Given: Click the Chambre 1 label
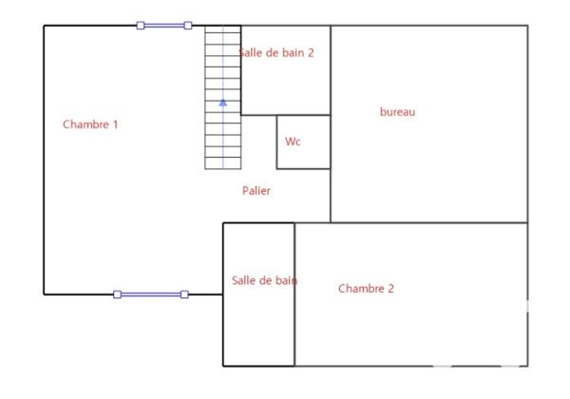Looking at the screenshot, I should [90, 124].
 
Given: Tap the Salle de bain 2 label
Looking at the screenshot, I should [275, 53].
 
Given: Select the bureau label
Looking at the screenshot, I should [397, 112].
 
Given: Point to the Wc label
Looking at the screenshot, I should [293, 142].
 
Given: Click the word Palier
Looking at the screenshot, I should [256, 191].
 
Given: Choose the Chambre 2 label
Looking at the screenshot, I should [366, 289].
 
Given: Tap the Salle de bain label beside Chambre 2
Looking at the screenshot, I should [264, 280].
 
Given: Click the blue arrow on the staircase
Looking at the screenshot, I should [223, 102].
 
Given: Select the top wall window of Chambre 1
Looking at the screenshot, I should [164, 26].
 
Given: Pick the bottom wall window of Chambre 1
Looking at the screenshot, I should [151, 294].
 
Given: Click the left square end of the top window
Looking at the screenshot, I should [141, 26].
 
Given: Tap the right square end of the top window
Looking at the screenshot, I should [188, 26].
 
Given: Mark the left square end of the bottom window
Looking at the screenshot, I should [117, 294].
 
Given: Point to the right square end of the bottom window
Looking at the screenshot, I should [184, 294].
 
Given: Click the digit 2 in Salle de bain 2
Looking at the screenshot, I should [310, 53].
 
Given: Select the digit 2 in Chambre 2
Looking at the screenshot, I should [390, 289].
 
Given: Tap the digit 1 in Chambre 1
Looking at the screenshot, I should [115, 124].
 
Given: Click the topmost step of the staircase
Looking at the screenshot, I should [223, 31].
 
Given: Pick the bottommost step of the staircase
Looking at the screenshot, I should [223, 162].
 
